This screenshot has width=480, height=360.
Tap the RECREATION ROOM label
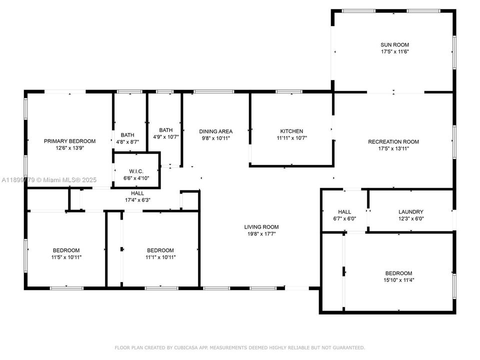pos(393,141)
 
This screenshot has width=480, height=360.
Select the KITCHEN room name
pos(291,131)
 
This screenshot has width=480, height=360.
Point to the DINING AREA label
pos(215,131)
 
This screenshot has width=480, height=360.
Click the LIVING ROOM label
pos(261,226)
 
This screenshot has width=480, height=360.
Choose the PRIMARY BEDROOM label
pos(69,141)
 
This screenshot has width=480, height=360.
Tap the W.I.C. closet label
pos(136,171)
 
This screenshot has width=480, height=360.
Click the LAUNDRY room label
pos(410,211)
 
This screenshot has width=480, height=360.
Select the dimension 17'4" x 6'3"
pos(137,200)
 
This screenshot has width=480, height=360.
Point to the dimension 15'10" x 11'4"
pos(398,280)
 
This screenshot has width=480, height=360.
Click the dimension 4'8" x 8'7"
pos(127,142)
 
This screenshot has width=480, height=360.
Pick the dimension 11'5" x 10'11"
pos(66,257)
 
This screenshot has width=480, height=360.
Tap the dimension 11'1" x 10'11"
pos(160,257)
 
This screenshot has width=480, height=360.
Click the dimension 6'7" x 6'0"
pos(344,218)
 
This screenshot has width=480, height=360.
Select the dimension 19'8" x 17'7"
pos(261,233)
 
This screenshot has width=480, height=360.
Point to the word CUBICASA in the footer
pos(181,347)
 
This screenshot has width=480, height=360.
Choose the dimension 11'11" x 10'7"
pos(291,138)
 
